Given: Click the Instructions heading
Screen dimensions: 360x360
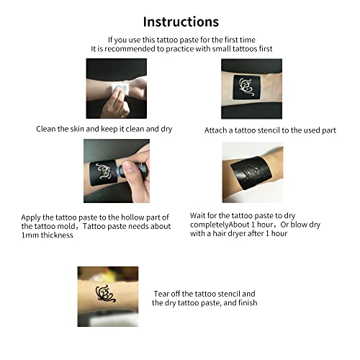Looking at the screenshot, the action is pos(181,22).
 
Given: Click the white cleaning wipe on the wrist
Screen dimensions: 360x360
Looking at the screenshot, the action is pos(121,89).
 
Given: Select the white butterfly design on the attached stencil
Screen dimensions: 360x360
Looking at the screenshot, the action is pos(246,86).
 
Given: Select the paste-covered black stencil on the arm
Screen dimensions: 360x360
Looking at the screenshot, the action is pos(251,173).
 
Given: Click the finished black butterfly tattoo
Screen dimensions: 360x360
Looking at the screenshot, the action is pos(105,294).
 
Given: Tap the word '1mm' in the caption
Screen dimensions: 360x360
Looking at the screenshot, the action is pos(30,235).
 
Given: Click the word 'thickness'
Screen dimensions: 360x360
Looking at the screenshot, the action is pos(57,235).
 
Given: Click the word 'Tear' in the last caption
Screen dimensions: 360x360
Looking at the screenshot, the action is pos(161,294).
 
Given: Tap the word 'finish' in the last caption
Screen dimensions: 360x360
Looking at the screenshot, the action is pos(248,302).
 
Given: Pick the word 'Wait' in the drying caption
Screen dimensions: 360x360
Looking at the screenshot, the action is pos(197,215).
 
